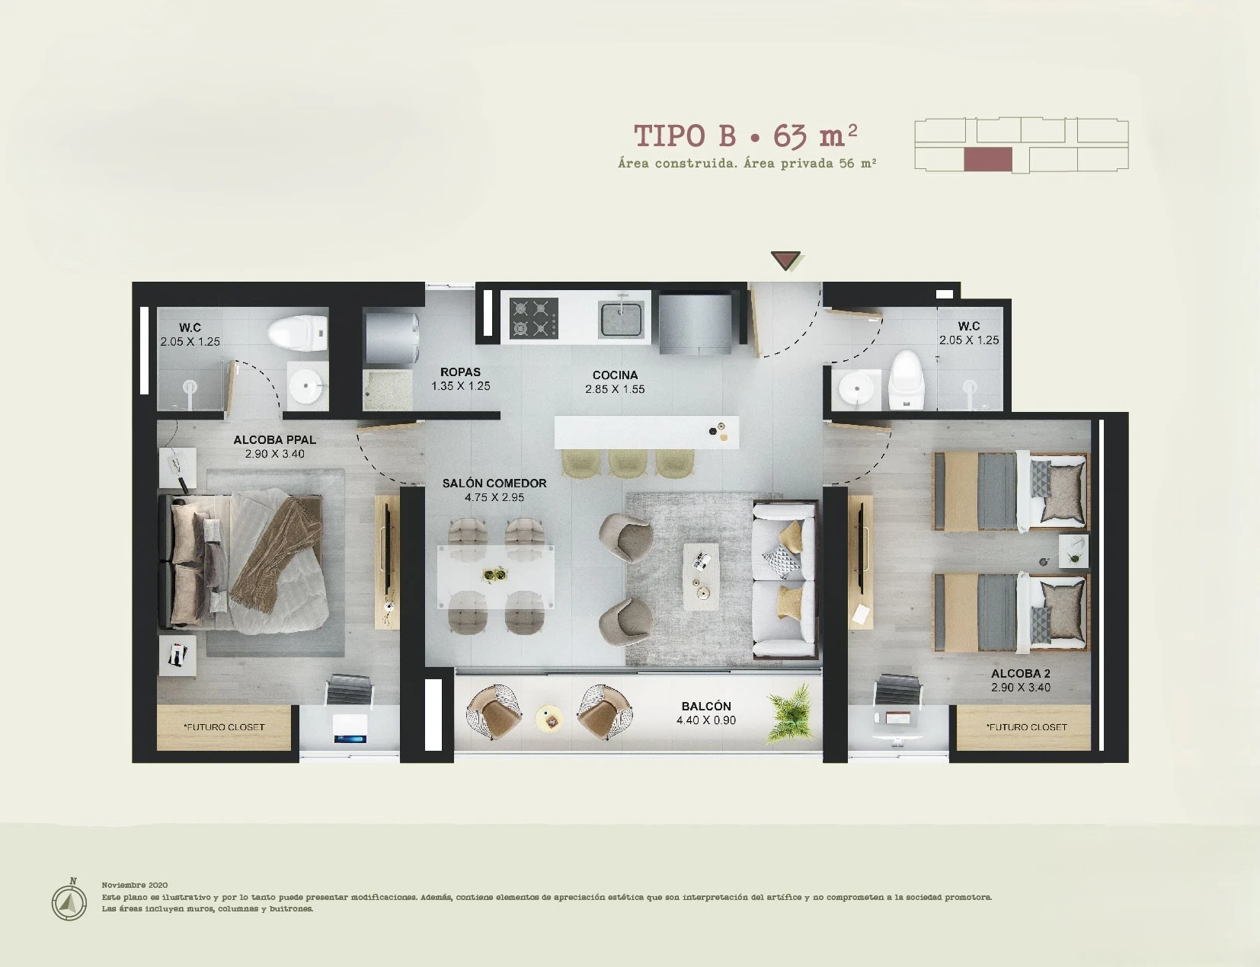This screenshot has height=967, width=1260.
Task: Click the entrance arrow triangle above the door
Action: coord(785,260)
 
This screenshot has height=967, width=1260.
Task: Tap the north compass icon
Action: coord(69,900)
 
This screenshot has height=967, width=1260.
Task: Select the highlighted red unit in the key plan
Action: coord(988,159)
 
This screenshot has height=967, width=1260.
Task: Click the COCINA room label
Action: coord(615,375)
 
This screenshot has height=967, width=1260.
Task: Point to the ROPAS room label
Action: coord(460,372)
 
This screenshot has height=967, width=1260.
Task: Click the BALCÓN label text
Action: coord(705,707)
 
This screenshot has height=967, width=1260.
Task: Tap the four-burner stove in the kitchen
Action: coord(533,318)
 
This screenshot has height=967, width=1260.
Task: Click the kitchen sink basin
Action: coord(621,319)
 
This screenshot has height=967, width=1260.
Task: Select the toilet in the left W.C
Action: coord(298,334)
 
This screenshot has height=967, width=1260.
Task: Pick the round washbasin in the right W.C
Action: coord(856,388)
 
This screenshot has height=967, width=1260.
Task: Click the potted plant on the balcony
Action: coord(790,713)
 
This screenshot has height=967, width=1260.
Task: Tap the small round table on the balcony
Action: coord(548,719)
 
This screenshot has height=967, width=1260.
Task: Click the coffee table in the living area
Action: coord(700,576)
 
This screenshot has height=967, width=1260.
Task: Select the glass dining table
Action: coord(495,576)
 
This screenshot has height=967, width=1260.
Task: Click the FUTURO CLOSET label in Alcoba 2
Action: coord(1026,727)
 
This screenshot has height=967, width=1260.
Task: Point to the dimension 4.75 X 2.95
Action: coord(494,497)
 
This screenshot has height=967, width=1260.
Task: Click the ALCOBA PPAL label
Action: coord(275,440)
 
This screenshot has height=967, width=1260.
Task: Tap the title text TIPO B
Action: coord(685,137)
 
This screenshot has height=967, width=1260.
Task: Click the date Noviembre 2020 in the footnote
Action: coord(135,885)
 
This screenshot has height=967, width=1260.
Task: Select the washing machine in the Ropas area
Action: coord(392,338)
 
